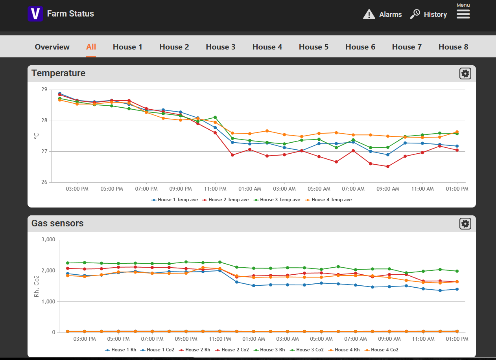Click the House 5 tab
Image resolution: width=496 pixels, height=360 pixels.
tap(313, 47)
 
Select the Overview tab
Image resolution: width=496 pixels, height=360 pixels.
tap(52, 47)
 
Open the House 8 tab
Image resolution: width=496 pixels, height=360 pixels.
tap(453, 47)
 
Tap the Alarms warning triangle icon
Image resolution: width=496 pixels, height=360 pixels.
tap(369, 15)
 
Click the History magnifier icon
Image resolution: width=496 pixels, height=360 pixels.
tap(415, 14)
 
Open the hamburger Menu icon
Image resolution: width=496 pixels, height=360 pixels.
tap(463, 15)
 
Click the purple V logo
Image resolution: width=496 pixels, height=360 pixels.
tap(35, 14)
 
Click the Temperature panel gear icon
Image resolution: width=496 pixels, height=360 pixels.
tap(465, 73)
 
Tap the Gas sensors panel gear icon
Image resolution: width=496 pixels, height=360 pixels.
tap(465, 224)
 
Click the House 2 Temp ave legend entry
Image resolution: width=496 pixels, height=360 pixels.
tap(225, 200)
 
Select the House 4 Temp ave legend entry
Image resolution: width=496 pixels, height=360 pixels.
tap(328, 200)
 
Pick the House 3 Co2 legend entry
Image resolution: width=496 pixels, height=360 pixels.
tap(307, 350)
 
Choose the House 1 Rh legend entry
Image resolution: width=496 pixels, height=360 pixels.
tap(120, 350)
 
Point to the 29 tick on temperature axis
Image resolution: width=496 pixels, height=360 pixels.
tap(44, 89)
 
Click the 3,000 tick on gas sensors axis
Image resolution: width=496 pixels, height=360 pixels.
tap(48, 239)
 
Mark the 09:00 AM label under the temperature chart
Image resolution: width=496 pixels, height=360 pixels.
tap(388, 189)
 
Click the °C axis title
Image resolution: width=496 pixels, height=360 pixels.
tap(36, 136)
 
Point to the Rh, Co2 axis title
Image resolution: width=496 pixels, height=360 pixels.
tap(36, 286)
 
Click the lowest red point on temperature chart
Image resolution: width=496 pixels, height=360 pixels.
tap(388, 166)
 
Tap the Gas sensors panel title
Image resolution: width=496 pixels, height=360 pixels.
tap(57, 223)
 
